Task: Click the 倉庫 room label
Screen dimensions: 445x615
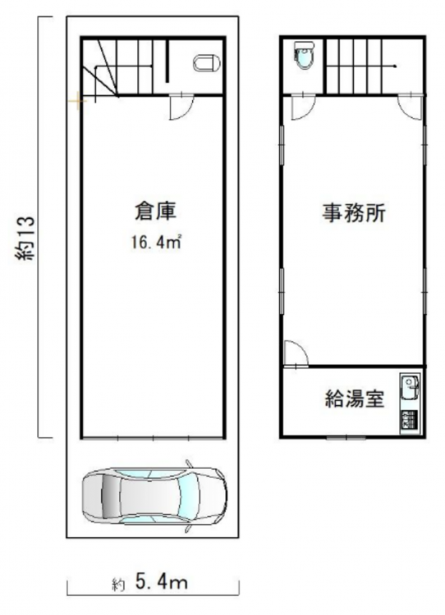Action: click(155, 212)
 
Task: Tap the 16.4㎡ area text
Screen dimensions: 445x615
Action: click(156, 242)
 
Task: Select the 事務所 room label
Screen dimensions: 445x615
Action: click(354, 213)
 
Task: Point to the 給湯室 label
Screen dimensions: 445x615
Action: click(354, 399)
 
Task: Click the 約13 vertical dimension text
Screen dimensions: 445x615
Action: click(26, 237)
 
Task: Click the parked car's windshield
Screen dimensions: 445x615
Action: click(188, 494)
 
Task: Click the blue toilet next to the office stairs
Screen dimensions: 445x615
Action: click(304, 56)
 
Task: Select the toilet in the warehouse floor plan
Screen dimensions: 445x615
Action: click(207, 63)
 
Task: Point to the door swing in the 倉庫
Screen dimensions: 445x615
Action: click(181, 107)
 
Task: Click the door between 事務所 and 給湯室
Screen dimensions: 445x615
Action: click(296, 353)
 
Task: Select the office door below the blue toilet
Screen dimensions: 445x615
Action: click(303, 107)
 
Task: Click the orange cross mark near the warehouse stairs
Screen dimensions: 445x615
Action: click(78, 101)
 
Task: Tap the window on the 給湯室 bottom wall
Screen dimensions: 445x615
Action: click(346, 437)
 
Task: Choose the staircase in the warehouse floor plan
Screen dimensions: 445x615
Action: click(121, 66)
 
